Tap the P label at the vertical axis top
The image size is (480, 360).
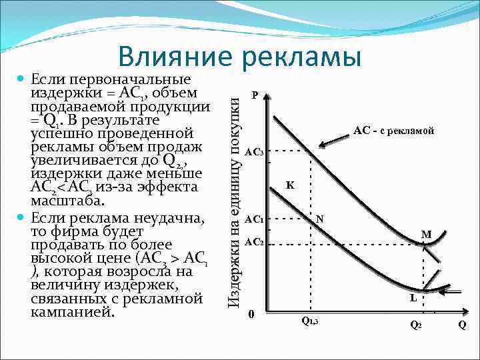[x=255, y=95]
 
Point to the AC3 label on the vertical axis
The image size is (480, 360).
[x=254, y=152]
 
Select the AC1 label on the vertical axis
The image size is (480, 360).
[x=254, y=219]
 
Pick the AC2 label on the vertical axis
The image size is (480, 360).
[x=254, y=241]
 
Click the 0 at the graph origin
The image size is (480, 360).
[x=250, y=314]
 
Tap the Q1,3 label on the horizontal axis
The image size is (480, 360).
[x=310, y=321]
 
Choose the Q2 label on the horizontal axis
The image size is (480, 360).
[x=415, y=325]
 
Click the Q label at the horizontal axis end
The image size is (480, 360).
[x=463, y=325]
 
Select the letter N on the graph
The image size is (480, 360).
[x=320, y=219]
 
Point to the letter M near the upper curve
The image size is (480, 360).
[x=426, y=234]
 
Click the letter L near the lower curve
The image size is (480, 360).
[x=413, y=299]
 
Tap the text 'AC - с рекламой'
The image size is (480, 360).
[x=393, y=131]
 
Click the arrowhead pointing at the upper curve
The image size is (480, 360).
[x=321, y=145]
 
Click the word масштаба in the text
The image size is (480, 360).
[x=68, y=201]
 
